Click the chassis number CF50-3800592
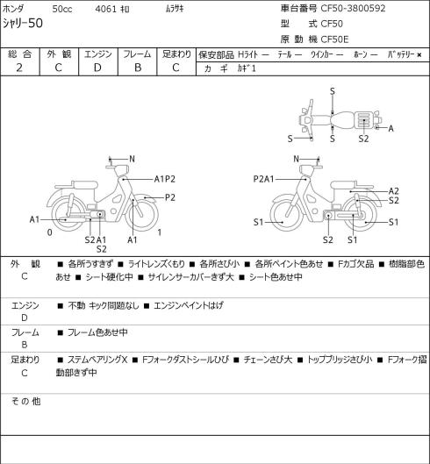click(353, 8)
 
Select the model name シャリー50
click(23, 23)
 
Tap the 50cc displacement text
click(62, 9)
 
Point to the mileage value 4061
click(105, 9)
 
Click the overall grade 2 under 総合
click(19, 68)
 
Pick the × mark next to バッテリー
click(419, 54)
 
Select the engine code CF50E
click(334, 39)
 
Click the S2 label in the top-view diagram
click(363, 139)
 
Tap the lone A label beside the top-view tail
click(391, 128)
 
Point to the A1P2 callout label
click(165, 179)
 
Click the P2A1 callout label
click(263, 179)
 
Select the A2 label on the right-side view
click(393, 191)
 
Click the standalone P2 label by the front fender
click(170, 197)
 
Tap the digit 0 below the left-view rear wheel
click(50, 232)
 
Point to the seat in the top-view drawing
click(342, 120)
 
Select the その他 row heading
click(25, 402)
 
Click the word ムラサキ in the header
click(175, 9)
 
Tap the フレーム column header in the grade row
click(137, 54)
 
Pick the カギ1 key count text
click(247, 68)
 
